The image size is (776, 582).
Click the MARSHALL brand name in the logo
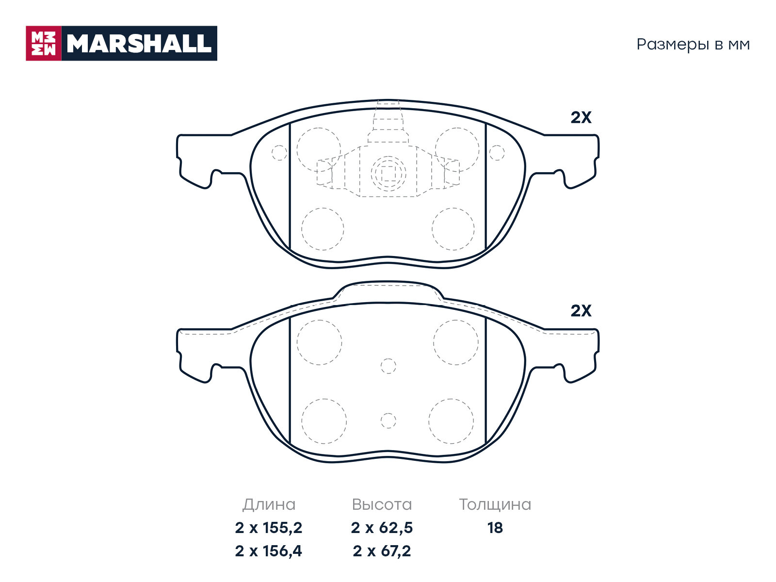tap(139, 44)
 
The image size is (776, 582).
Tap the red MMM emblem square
tap(44, 44)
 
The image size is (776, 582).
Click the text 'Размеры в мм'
tap(693, 45)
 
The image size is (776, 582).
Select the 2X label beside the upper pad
tap(581, 117)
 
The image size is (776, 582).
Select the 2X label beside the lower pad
tap(581, 310)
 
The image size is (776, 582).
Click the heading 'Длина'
tap(269, 504)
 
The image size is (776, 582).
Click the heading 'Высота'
tap(382, 504)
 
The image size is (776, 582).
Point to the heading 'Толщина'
tap(495, 504)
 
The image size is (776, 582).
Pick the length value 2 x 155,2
tap(268, 528)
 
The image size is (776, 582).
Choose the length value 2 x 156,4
tap(268, 551)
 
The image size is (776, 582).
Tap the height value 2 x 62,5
tap(382, 528)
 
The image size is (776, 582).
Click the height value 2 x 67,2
tap(382, 551)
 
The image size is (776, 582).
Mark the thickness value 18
tap(495, 528)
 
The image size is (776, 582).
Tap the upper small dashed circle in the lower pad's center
tap(388, 366)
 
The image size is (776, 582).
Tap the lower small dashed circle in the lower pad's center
tap(388, 420)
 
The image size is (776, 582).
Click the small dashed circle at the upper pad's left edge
tap(279, 153)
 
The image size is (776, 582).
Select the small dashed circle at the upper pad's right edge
tap(497, 153)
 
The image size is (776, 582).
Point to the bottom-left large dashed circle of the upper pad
tap(323, 229)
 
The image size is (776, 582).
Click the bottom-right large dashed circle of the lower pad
tap(451, 421)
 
